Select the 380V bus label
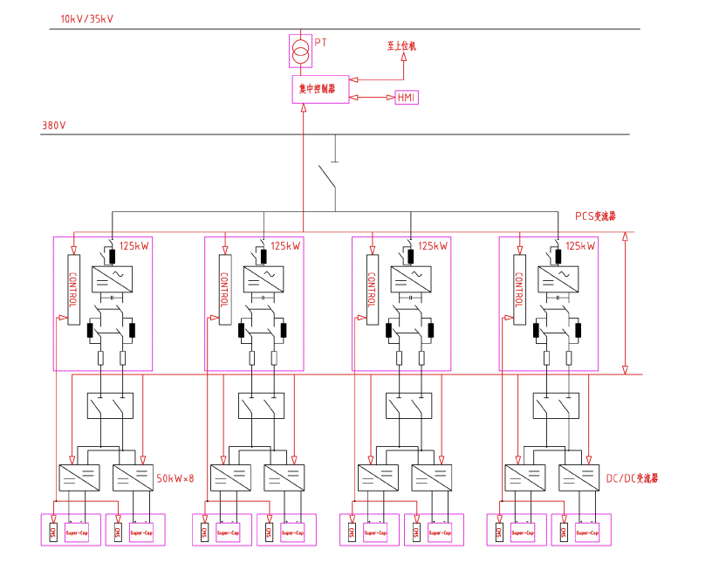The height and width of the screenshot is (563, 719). pyautogui.click(x=54, y=126)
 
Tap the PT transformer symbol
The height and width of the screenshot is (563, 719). pyautogui.click(x=300, y=51)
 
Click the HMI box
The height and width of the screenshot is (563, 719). pyautogui.click(x=407, y=97)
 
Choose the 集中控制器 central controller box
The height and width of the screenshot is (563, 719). pyautogui.click(x=319, y=89)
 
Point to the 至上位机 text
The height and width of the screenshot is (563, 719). pyautogui.click(x=401, y=45)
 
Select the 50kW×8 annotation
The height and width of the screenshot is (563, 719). pyautogui.click(x=175, y=478)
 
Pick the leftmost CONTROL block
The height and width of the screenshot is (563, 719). pyautogui.click(x=72, y=288)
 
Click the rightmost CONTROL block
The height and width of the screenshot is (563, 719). pyautogui.click(x=520, y=288)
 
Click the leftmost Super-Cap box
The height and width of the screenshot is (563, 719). pyautogui.click(x=78, y=532)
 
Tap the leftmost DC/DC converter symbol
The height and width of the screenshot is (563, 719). pyautogui.click(x=78, y=477)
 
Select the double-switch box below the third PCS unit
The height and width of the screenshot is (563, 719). pyautogui.click(x=408, y=406)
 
